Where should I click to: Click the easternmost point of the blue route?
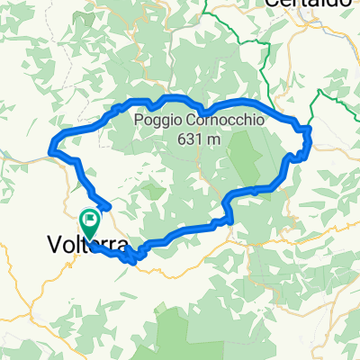310,135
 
